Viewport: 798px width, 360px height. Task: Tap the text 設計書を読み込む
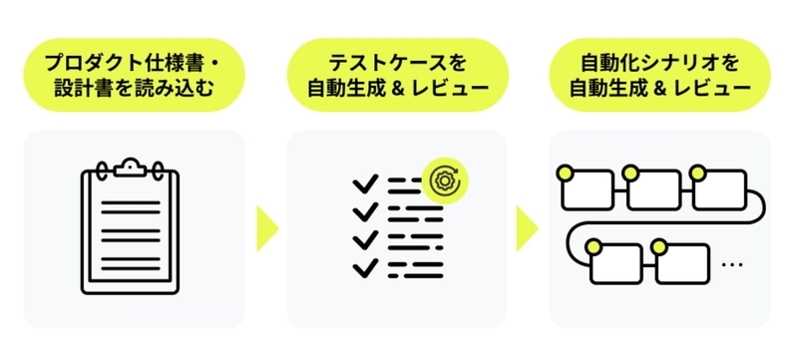(x=134, y=88)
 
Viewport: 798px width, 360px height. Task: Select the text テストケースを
(x=397, y=63)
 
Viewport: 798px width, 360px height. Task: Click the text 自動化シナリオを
(x=659, y=63)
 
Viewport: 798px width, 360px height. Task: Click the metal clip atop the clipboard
(x=131, y=168)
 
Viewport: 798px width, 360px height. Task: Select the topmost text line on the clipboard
(x=131, y=202)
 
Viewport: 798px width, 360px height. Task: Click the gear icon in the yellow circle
(x=445, y=180)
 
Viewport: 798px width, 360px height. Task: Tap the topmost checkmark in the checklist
(x=365, y=183)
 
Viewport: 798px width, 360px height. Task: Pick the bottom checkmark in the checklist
(x=365, y=268)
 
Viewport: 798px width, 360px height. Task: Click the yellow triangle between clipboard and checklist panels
(x=267, y=228)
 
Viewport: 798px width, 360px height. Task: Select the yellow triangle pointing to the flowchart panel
(x=528, y=228)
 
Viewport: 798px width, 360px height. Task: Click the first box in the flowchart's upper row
(x=588, y=189)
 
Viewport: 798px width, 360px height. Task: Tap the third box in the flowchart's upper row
(x=719, y=189)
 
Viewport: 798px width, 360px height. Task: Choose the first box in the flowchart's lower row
(x=615, y=264)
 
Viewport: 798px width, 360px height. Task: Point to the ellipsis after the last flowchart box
(x=732, y=264)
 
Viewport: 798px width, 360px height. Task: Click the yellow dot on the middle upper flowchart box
(x=630, y=173)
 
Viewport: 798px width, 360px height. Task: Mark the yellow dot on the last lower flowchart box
(x=659, y=247)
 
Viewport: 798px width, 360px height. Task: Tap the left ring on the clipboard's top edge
(x=102, y=169)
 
